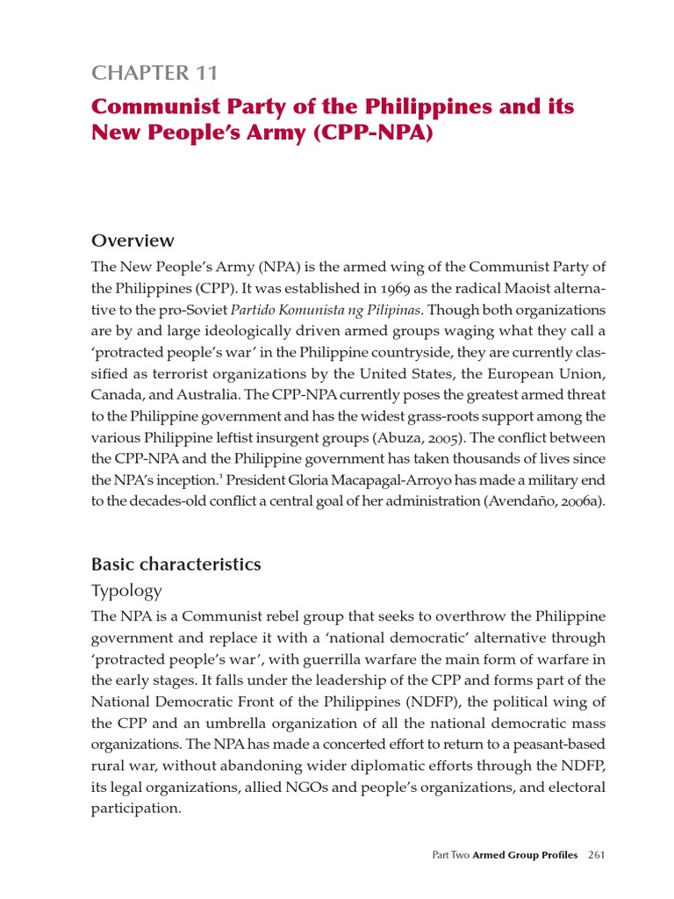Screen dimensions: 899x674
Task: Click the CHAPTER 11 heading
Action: [154, 73]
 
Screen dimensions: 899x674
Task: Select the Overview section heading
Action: [133, 240]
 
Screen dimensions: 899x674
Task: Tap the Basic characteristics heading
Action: [176, 564]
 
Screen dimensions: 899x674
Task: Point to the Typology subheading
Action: [127, 590]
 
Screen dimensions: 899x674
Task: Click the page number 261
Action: [598, 855]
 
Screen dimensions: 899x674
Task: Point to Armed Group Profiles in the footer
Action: [525, 855]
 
